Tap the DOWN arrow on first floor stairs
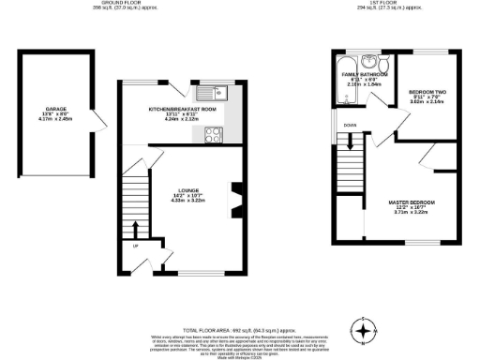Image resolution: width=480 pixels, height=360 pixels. coord(351,142)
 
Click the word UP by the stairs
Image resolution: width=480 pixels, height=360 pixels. coord(135,247)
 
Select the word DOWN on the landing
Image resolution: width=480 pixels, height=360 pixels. coord(350,124)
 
